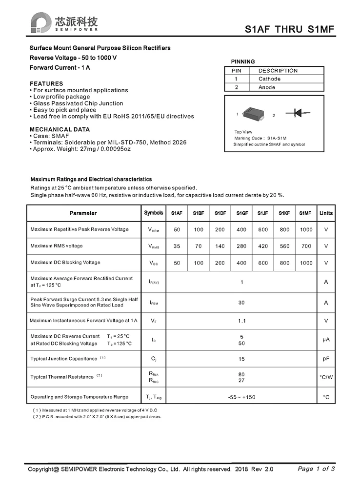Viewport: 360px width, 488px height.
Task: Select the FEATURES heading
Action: click(x=46, y=83)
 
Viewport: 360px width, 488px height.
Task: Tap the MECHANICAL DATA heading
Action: click(x=60, y=129)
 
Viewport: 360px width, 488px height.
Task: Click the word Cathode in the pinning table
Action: click(x=269, y=79)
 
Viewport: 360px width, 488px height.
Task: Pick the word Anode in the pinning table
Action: click(x=267, y=87)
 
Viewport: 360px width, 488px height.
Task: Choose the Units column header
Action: click(x=326, y=213)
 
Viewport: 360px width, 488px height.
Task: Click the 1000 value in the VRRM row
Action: click(x=306, y=229)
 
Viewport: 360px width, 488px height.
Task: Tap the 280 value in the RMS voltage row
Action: click(x=241, y=246)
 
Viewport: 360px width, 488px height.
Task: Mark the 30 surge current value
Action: click(x=241, y=303)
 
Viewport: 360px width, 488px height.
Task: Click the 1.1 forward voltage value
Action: click(x=241, y=321)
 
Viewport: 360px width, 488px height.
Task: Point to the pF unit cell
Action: click(x=326, y=359)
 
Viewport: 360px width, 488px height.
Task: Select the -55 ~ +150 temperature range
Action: click(x=241, y=397)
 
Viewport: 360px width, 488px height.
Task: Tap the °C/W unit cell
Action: click(x=326, y=377)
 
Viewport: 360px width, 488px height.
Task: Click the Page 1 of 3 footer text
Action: click(x=316, y=469)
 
